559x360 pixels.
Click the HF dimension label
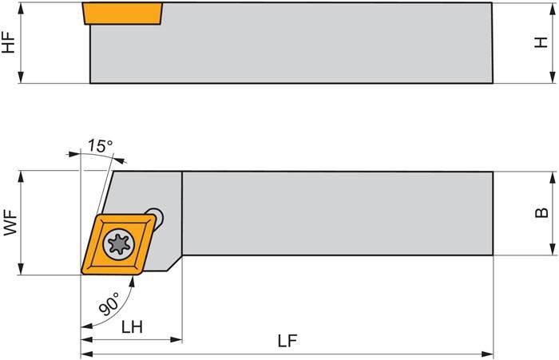tap(9, 42)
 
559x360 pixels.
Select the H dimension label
tap(541, 42)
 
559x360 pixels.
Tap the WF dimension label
tap(10, 222)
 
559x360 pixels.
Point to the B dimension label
tap(541, 212)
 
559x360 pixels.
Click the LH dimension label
tap(132, 327)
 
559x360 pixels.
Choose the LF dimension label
tap(288, 341)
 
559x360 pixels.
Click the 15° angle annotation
tap(100, 146)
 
